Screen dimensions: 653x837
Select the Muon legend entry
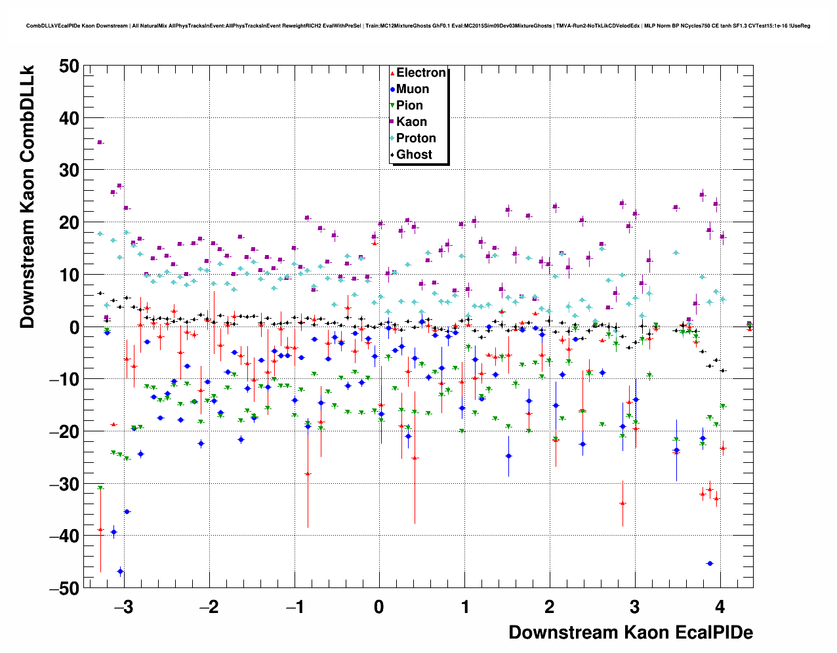click(412, 89)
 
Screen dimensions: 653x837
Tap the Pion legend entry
click(409, 106)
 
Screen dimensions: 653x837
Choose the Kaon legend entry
click(411, 122)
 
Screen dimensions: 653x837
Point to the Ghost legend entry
click(414, 155)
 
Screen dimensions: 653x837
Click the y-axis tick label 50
click(68, 66)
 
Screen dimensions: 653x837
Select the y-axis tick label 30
click(68, 170)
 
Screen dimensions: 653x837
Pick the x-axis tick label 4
click(720, 607)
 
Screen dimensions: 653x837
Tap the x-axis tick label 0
click(379, 607)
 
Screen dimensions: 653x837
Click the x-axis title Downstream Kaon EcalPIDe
click(630, 633)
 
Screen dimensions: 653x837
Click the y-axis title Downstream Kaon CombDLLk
click(28, 197)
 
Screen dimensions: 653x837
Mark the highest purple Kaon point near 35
click(100, 142)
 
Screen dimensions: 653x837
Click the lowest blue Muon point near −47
click(120, 571)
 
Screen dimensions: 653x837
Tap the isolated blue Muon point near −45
click(709, 563)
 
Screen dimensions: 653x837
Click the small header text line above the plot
click(418, 26)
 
